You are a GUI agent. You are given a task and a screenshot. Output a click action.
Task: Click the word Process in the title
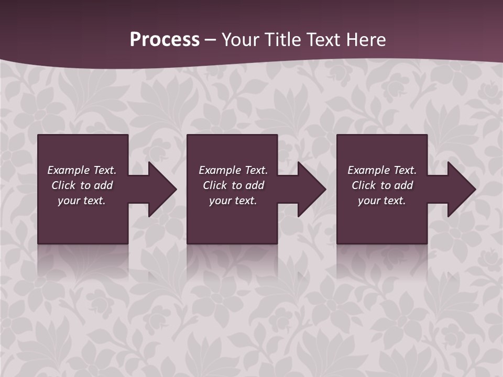click(165, 40)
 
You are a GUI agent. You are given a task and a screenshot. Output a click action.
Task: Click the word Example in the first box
click(68, 170)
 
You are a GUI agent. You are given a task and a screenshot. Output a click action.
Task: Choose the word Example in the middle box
click(220, 170)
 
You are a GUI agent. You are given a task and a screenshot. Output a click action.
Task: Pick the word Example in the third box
click(368, 170)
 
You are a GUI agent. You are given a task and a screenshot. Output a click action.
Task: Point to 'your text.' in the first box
click(82, 201)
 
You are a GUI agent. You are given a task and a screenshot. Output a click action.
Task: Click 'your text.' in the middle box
click(233, 201)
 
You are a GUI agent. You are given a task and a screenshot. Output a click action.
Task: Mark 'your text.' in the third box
click(382, 201)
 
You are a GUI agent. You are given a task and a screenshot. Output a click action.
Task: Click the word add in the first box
click(103, 185)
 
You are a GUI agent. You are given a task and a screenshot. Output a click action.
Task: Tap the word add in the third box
click(403, 185)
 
